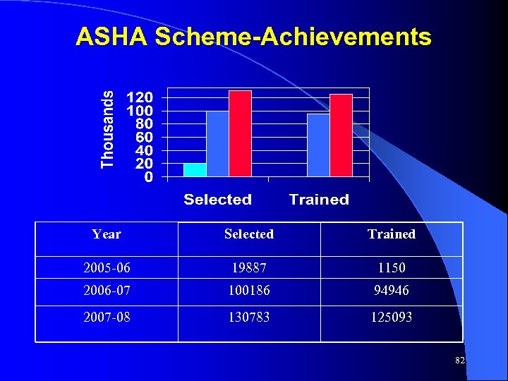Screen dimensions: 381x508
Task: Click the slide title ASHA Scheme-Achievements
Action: (253, 37)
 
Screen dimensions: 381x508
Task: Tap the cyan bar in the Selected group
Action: (195, 170)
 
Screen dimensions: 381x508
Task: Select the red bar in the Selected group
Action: (240, 133)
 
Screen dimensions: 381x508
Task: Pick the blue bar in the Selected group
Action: (217, 144)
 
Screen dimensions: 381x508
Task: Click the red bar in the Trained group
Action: (341, 135)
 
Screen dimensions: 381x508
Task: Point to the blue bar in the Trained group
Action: (318, 145)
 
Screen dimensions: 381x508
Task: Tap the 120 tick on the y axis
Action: (140, 97)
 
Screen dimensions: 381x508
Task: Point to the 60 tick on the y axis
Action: (144, 137)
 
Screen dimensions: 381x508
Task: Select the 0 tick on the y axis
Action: (149, 177)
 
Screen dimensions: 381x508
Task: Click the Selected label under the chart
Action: (217, 200)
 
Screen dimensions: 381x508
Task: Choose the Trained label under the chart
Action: (319, 200)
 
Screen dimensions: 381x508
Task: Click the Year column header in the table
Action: (107, 234)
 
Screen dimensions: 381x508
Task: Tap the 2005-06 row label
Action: (107, 268)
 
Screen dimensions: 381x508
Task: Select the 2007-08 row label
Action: (107, 317)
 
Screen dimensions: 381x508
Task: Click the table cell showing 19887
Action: (248, 268)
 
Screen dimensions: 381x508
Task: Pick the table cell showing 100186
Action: (248, 291)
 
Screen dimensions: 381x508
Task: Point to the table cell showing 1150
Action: (392, 268)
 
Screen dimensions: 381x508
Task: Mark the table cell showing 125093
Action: (392, 317)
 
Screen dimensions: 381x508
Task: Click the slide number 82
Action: (460, 361)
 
